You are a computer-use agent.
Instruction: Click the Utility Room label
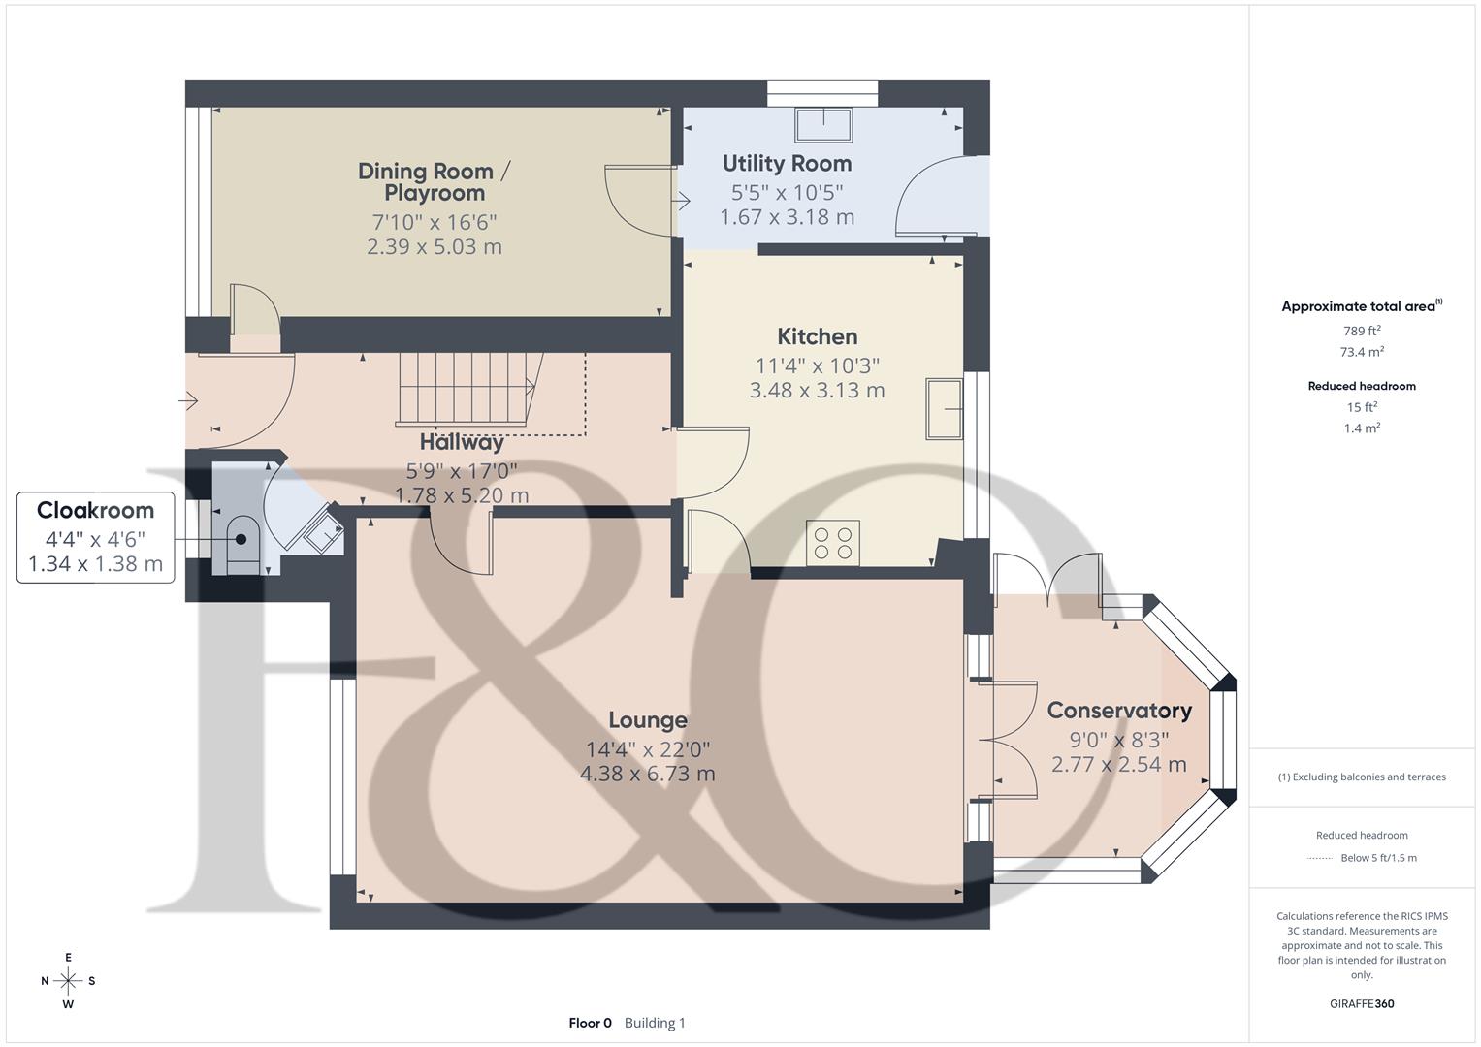787,163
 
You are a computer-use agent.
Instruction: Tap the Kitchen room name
818,336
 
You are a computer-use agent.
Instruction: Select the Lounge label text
648,720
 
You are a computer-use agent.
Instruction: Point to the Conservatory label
1119,711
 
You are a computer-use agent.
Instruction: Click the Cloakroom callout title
95,510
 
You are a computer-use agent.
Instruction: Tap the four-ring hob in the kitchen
833,543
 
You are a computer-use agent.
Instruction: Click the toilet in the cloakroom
242,545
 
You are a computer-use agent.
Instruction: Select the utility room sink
823,124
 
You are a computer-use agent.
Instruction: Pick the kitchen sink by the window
944,408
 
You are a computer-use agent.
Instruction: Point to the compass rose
68,981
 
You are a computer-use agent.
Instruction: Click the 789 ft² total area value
1362,331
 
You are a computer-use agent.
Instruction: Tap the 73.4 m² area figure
1362,352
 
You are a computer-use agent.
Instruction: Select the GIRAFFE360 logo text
1362,1004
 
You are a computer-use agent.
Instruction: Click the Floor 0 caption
591,1023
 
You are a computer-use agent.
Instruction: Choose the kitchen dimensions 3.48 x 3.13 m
818,390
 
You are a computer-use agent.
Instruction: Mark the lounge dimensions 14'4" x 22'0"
648,749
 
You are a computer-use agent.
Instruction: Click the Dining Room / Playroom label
435,182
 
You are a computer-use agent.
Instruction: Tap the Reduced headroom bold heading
1362,386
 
